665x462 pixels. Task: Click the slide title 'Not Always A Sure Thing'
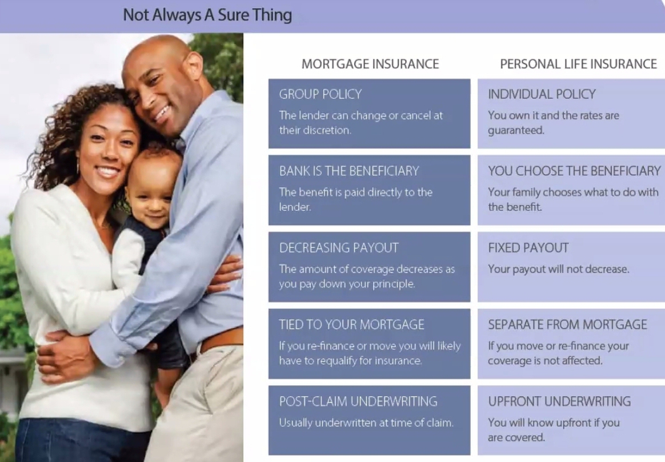(x=207, y=15)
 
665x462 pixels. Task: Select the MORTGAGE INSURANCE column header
(x=370, y=64)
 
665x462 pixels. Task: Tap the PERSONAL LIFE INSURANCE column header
(x=579, y=64)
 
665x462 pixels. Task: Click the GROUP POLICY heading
(x=320, y=94)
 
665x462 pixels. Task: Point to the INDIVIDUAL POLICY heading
(x=542, y=94)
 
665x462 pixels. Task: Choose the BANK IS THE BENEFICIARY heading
(x=349, y=171)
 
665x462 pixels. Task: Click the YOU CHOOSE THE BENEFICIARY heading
(x=574, y=171)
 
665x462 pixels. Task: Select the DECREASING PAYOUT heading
(x=339, y=247)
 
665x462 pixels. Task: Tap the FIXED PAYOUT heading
(x=528, y=247)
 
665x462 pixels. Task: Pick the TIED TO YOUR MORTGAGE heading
(x=351, y=325)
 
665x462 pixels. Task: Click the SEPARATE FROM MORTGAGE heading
(x=567, y=325)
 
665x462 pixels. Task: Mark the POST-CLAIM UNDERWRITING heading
(x=358, y=401)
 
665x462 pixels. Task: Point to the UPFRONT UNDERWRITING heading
(x=559, y=401)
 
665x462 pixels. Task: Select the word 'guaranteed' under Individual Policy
(x=516, y=131)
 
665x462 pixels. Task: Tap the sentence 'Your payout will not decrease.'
(x=559, y=269)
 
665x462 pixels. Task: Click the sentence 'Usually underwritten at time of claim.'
(x=366, y=423)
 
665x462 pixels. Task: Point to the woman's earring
(x=78, y=167)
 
